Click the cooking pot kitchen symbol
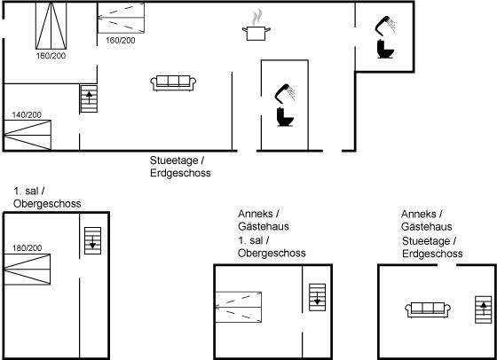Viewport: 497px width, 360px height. point(256,33)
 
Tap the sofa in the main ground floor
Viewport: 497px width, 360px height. point(173,83)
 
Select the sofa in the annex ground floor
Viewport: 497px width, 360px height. point(428,309)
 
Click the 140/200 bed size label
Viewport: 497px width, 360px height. point(27,114)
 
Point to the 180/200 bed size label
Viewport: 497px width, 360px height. point(27,247)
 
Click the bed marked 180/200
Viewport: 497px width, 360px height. point(27,270)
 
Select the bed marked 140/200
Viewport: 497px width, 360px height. point(28,135)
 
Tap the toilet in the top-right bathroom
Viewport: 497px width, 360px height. point(385,49)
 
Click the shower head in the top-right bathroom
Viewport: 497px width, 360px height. point(384,25)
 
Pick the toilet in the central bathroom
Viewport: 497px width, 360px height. point(285,117)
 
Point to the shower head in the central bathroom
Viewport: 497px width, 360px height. point(284,93)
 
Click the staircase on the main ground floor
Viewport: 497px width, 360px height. point(89,98)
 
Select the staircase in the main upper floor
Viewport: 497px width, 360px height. point(92,240)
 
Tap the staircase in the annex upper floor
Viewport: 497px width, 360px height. point(318,297)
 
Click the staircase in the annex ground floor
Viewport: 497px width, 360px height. point(484,309)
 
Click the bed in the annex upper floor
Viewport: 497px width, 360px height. point(239,307)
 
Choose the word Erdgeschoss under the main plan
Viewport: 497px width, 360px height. point(180,173)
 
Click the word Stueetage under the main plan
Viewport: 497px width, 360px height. point(174,160)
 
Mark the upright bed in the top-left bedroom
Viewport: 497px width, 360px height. point(51,26)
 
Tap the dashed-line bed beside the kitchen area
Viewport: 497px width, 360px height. point(121,18)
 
